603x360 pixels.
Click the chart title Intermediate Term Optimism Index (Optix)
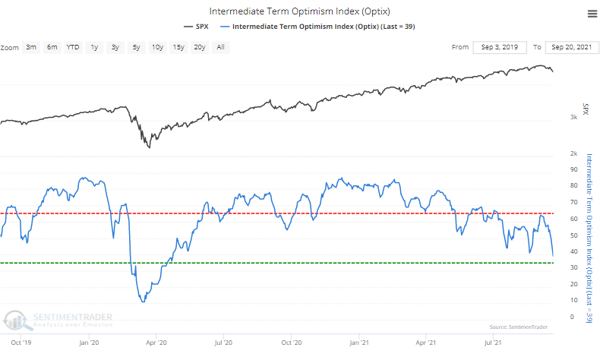(x=301, y=11)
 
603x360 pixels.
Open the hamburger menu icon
(x=592, y=13)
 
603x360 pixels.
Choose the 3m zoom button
(x=31, y=47)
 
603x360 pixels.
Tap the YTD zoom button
(x=73, y=47)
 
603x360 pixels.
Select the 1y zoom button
(x=94, y=47)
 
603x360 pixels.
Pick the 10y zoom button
(x=157, y=47)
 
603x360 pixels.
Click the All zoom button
(x=220, y=47)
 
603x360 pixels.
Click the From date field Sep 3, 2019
(x=499, y=47)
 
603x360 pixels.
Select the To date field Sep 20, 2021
(x=573, y=47)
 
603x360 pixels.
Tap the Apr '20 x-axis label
(x=156, y=343)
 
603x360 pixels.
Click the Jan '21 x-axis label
(x=359, y=343)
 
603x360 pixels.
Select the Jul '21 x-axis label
(x=494, y=343)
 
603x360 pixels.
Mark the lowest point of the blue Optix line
(x=143, y=302)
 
